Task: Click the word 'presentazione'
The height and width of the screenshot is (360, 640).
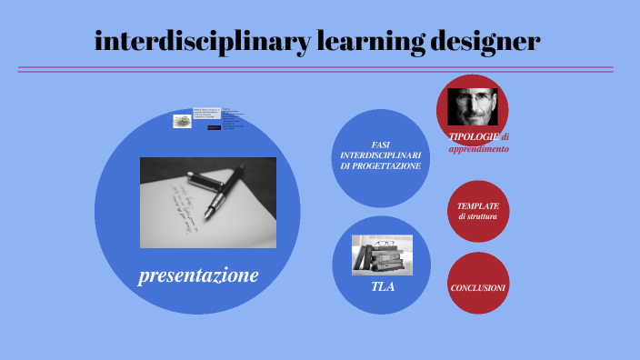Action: (198, 275)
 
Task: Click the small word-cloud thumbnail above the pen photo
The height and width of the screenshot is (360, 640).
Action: (183, 121)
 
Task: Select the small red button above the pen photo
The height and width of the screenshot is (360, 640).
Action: (214, 127)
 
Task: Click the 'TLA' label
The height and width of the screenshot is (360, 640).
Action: (383, 286)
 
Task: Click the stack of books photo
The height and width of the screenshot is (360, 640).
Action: (383, 256)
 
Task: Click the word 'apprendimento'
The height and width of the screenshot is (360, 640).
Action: (478, 148)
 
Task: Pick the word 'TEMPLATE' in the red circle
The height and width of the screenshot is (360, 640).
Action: (478, 206)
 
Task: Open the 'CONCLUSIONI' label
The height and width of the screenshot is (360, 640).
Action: (478, 287)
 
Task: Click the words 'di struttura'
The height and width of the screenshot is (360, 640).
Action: (478, 217)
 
